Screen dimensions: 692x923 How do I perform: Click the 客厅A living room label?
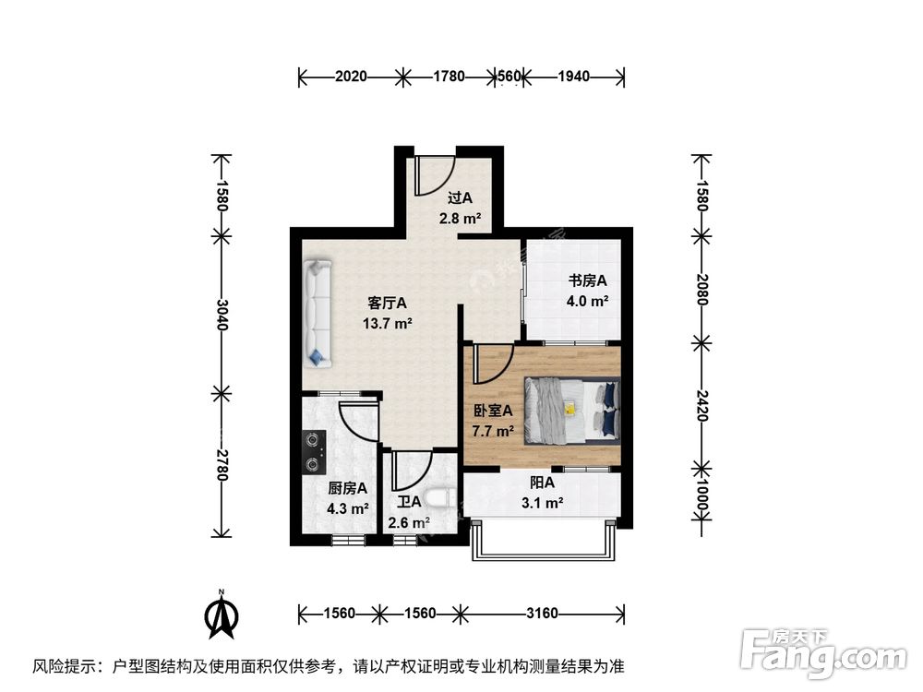pyautogui.click(x=388, y=303)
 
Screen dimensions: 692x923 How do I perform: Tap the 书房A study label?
pyautogui.click(x=587, y=280)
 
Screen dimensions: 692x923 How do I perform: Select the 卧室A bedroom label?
pyautogui.click(x=493, y=412)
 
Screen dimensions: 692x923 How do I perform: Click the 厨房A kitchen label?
pyautogui.click(x=348, y=489)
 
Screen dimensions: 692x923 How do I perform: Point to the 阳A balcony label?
pyautogui.click(x=542, y=483)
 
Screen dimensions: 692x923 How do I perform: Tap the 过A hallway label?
pyautogui.click(x=460, y=197)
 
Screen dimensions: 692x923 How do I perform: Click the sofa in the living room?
pyautogui.click(x=318, y=312)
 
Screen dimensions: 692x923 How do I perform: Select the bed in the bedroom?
pyautogui.click(x=572, y=410)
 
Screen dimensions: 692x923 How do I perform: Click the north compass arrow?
pyautogui.click(x=221, y=615)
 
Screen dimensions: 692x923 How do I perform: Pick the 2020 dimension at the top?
pyautogui.click(x=352, y=77)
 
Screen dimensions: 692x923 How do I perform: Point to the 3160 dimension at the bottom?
pyautogui.click(x=543, y=613)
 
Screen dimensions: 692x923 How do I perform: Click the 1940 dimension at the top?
pyautogui.click(x=573, y=77)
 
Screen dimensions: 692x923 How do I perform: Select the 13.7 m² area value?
pyautogui.click(x=388, y=323)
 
